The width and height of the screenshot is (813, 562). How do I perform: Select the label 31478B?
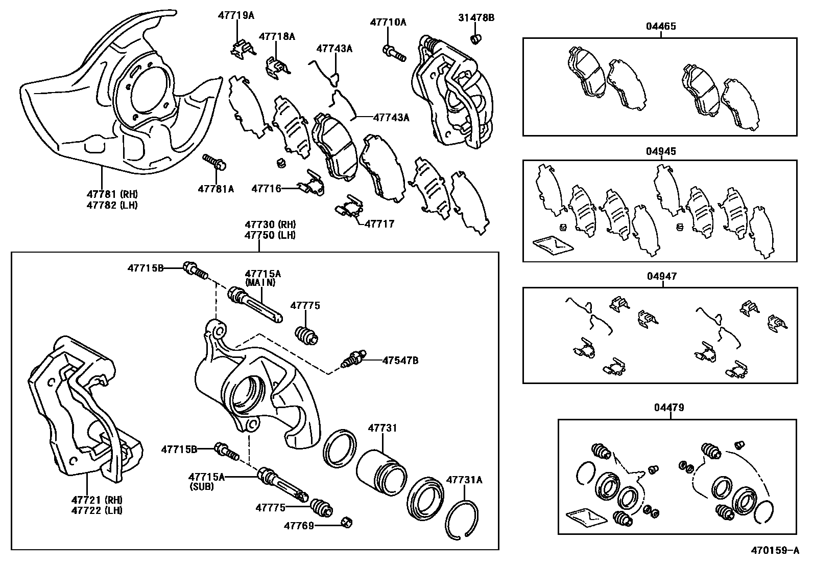click(475, 18)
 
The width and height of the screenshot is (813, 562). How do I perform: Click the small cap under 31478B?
click(476, 38)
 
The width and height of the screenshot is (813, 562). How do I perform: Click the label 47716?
click(266, 189)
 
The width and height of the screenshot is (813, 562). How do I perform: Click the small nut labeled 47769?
click(347, 523)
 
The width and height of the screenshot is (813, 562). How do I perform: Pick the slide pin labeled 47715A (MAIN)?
click(255, 305)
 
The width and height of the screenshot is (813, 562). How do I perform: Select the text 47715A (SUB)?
click(206, 482)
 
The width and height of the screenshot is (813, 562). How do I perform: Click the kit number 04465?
click(661, 26)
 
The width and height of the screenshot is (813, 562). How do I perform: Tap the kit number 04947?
click(661, 276)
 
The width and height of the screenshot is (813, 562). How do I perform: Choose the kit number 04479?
click(668, 408)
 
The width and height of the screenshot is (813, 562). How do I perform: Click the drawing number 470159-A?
click(774, 551)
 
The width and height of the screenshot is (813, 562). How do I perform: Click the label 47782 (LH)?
click(111, 205)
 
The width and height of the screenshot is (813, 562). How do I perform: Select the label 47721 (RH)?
click(97, 500)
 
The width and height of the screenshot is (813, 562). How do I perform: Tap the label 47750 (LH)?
click(270, 235)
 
